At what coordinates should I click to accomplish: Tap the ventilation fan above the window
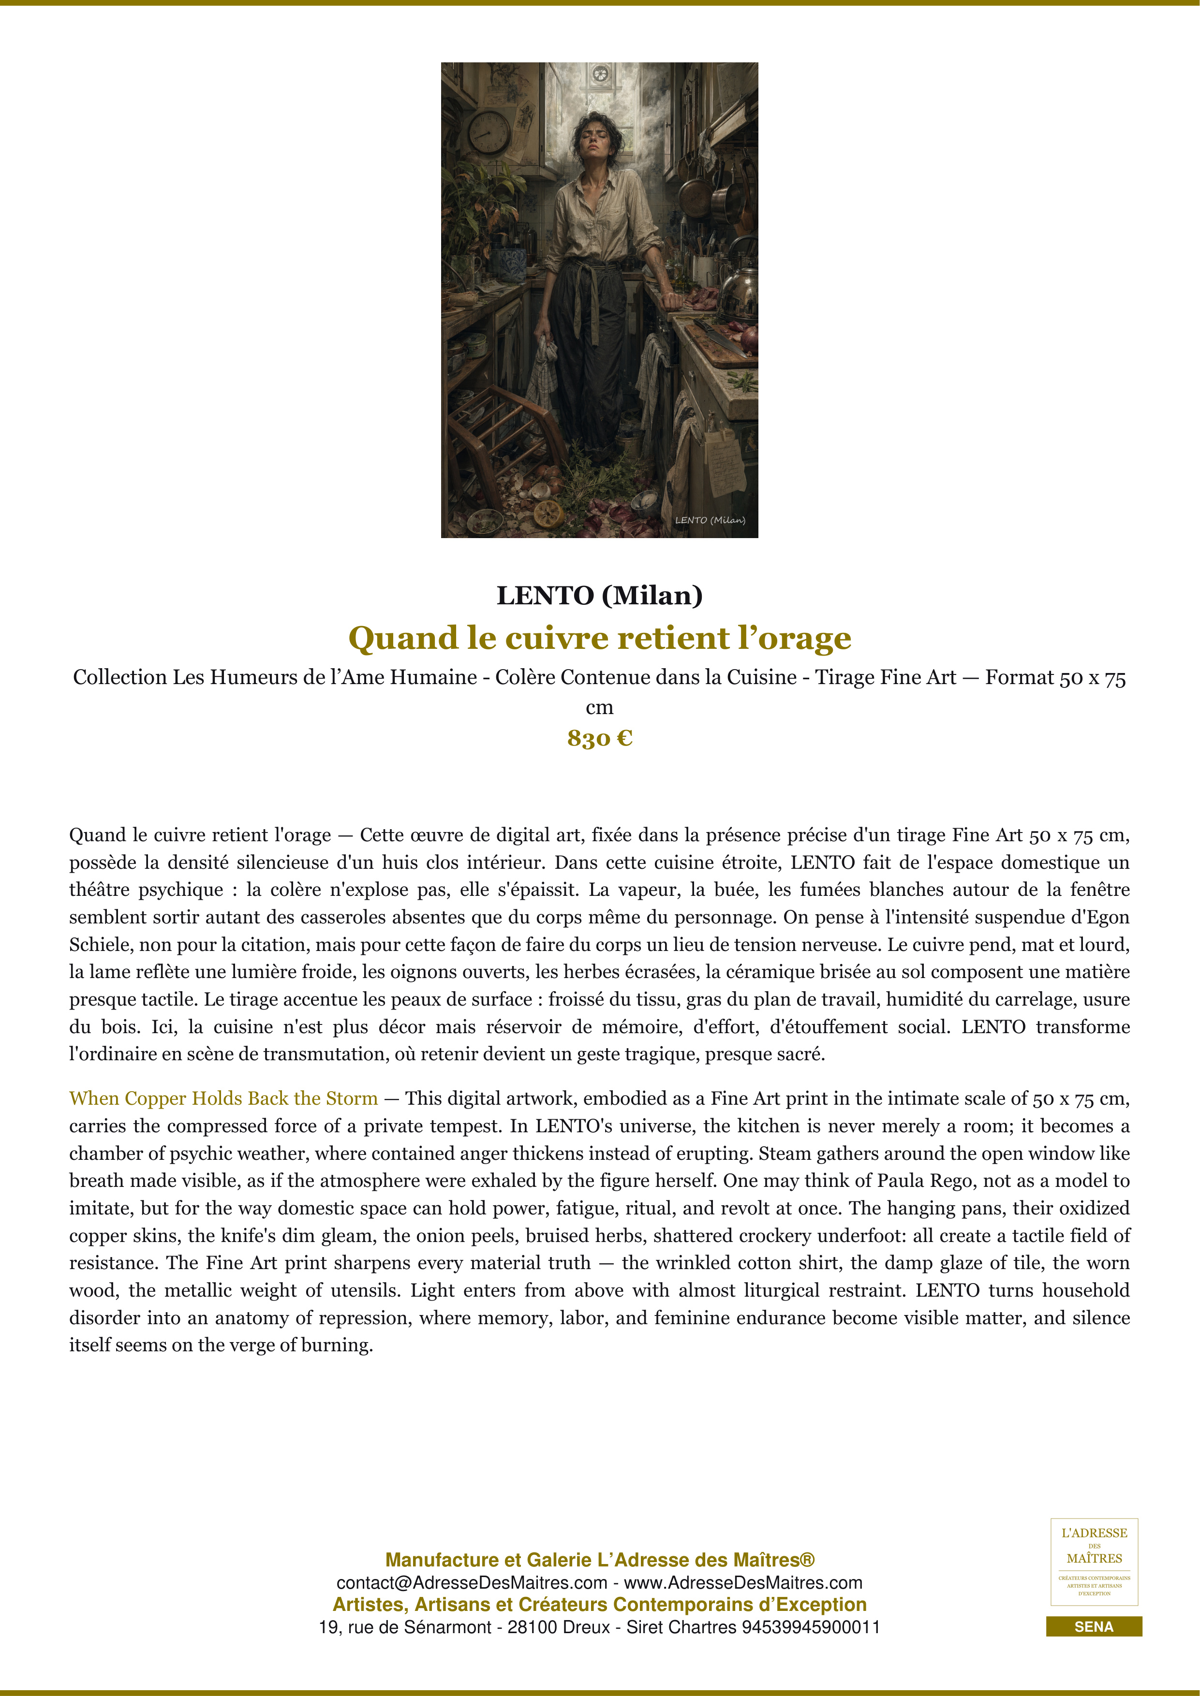[600, 74]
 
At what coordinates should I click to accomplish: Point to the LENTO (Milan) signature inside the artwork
[710, 520]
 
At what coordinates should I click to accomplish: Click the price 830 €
[599, 738]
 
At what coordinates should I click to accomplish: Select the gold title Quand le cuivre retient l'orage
[599, 638]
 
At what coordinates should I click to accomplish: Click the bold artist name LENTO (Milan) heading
[599, 595]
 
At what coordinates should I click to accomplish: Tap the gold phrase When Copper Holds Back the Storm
[223, 1098]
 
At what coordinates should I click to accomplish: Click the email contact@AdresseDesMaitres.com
[472, 1583]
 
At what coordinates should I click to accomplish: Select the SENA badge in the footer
[1094, 1626]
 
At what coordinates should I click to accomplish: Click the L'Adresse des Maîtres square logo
[1094, 1562]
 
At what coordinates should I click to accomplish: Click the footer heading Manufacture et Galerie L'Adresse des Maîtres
[599, 1560]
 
